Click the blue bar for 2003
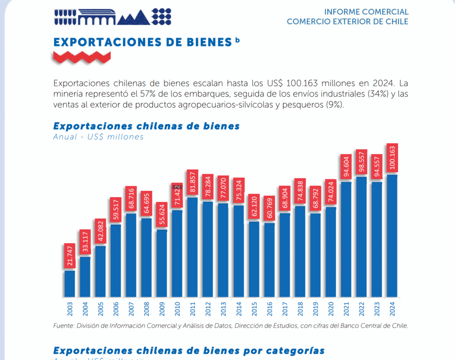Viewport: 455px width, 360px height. tap(70, 284)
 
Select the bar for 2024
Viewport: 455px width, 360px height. tap(392, 236)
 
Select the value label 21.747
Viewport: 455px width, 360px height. tap(70, 256)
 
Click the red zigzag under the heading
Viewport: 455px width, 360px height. tap(82, 56)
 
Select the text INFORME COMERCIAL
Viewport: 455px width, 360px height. tap(366, 12)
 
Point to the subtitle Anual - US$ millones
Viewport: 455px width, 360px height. tap(98, 137)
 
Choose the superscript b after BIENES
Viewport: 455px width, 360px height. tap(238, 40)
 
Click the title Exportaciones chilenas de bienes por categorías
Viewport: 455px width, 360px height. tap(189, 351)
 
